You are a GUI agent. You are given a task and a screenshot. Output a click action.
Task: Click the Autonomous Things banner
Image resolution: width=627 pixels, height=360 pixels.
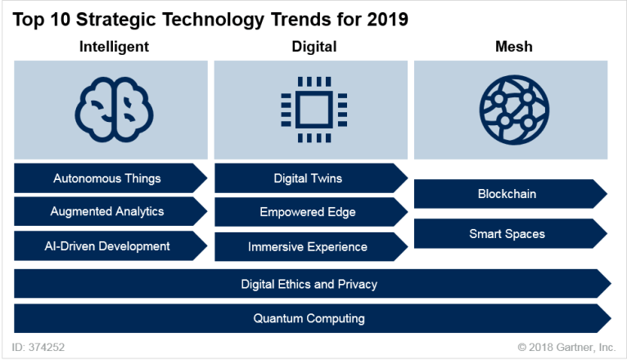(107, 178)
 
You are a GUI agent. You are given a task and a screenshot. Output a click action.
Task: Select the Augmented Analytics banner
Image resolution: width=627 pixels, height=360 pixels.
(107, 211)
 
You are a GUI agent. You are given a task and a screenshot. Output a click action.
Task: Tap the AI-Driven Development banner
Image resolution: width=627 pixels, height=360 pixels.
(107, 245)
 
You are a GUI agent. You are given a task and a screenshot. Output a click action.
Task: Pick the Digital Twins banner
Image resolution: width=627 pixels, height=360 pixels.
(308, 178)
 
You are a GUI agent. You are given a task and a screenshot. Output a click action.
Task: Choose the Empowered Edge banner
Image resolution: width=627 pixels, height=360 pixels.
(308, 212)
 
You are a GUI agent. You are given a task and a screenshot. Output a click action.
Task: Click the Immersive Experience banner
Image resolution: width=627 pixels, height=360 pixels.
(308, 246)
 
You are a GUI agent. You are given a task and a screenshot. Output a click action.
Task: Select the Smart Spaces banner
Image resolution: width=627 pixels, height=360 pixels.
(507, 234)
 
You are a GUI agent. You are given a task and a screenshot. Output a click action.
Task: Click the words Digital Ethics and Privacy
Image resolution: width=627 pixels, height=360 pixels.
(309, 284)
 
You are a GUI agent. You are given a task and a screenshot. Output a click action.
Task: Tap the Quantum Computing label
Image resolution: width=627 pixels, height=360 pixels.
(309, 318)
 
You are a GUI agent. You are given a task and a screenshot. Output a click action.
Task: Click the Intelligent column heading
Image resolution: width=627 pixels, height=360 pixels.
(114, 47)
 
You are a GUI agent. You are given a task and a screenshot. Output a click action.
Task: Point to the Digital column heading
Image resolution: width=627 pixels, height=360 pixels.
(313, 47)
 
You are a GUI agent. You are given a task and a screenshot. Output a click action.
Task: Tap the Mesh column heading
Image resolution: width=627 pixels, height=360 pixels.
(514, 47)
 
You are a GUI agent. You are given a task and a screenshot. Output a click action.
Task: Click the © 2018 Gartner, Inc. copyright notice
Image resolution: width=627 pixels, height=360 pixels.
(566, 347)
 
